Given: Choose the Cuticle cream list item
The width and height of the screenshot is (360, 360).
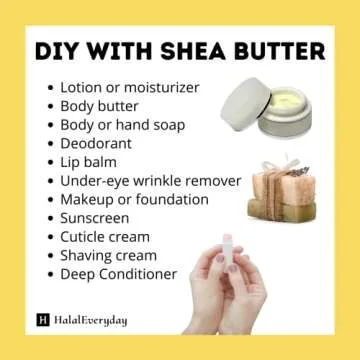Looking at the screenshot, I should [x=105, y=237].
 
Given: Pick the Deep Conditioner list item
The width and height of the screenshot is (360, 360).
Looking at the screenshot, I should [x=118, y=274].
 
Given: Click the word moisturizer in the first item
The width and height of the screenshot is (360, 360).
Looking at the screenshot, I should [x=170, y=87].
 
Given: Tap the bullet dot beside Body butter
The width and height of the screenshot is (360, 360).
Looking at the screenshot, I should [x=50, y=106].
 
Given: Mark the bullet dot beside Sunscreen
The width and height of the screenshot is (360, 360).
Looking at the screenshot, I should [x=50, y=219].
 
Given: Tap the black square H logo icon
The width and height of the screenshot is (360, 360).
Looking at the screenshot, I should [x=42, y=320].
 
